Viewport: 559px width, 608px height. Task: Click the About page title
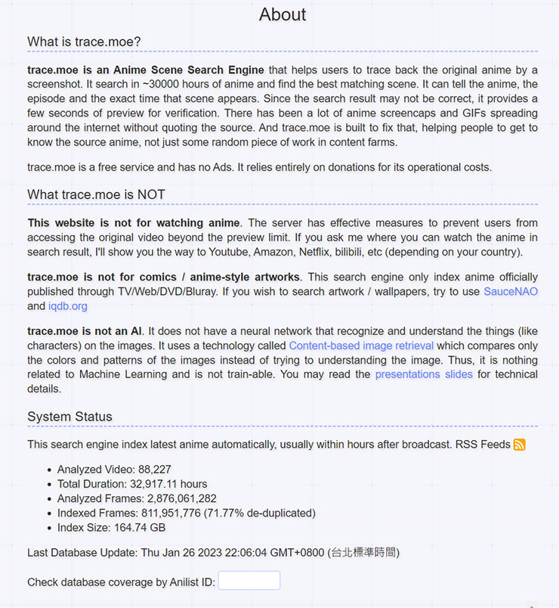pos(283,14)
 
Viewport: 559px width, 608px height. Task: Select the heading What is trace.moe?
pos(84,41)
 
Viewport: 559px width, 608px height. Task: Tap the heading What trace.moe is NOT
pos(96,194)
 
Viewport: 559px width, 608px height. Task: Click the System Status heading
pos(69,417)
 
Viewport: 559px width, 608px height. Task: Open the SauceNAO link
pos(511,291)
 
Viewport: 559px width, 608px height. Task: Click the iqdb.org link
pos(68,306)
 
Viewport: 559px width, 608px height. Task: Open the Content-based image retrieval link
pos(361,346)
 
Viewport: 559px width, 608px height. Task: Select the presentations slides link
pos(424,374)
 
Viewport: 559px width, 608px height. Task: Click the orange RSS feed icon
pos(520,445)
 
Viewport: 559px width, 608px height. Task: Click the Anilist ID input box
pos(249,581)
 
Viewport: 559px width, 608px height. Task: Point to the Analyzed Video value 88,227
pos(155,470)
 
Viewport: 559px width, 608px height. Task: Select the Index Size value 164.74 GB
pos(140,527)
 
